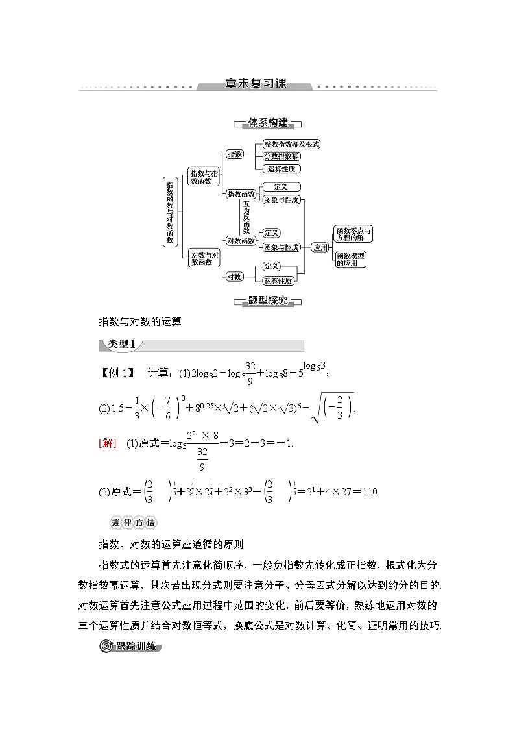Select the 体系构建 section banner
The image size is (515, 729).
click(267, 123)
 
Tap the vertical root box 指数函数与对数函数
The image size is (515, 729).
click(170, 211)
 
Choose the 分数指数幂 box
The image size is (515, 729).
click(281, 156)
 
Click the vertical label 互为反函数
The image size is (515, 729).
click(246, 217)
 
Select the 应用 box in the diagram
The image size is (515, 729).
click(320, 247)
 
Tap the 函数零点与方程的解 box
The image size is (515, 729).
click(353, 234)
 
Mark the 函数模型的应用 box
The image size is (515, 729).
click(351, 260)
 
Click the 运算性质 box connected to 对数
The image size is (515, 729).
click(278, 281)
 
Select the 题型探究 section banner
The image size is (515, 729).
click(267, 301)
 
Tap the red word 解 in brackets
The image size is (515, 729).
click(108, 443)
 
